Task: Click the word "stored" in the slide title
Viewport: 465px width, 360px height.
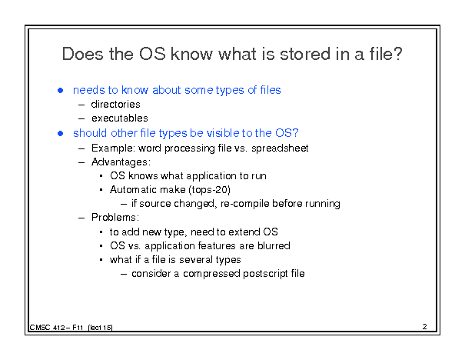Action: pyautogui.click(x=305, y=54)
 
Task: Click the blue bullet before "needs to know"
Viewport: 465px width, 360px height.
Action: pyautogui.click(x=61, y=90)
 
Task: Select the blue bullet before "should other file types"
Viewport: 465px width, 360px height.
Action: pyautogui.click(x=61, y=133)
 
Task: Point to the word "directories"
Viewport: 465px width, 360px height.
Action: pyautogui.click(x=115, y=104)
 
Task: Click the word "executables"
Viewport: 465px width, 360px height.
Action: pyautogui.click(x=120, y=118)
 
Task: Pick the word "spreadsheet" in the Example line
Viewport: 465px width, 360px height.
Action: pyautogui.click(x=280, y=148)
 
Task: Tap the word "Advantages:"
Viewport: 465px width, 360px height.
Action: pyautogui.click(x=121, y=162)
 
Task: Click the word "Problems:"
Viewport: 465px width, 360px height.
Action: pyautogui.click(x=115, y=217)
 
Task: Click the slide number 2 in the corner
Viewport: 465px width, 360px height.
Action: pyautogui.click(x=425, y=326)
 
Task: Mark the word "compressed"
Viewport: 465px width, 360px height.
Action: pyautogui.click(x=211, y=274)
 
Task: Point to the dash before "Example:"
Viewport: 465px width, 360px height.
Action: pyautogui.click(x=81, y=148)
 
